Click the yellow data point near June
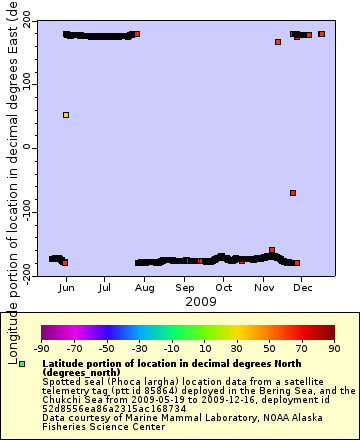coord(66,115)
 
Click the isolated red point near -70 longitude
coord(293,193)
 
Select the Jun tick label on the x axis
coord(66,287)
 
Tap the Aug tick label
coord(145,287)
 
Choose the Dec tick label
coord(303,287)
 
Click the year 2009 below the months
coord(201,301)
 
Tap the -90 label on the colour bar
coord(42,349)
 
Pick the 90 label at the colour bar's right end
coord(333,349)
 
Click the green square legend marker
coord(22,364)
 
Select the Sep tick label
coord(185,287)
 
